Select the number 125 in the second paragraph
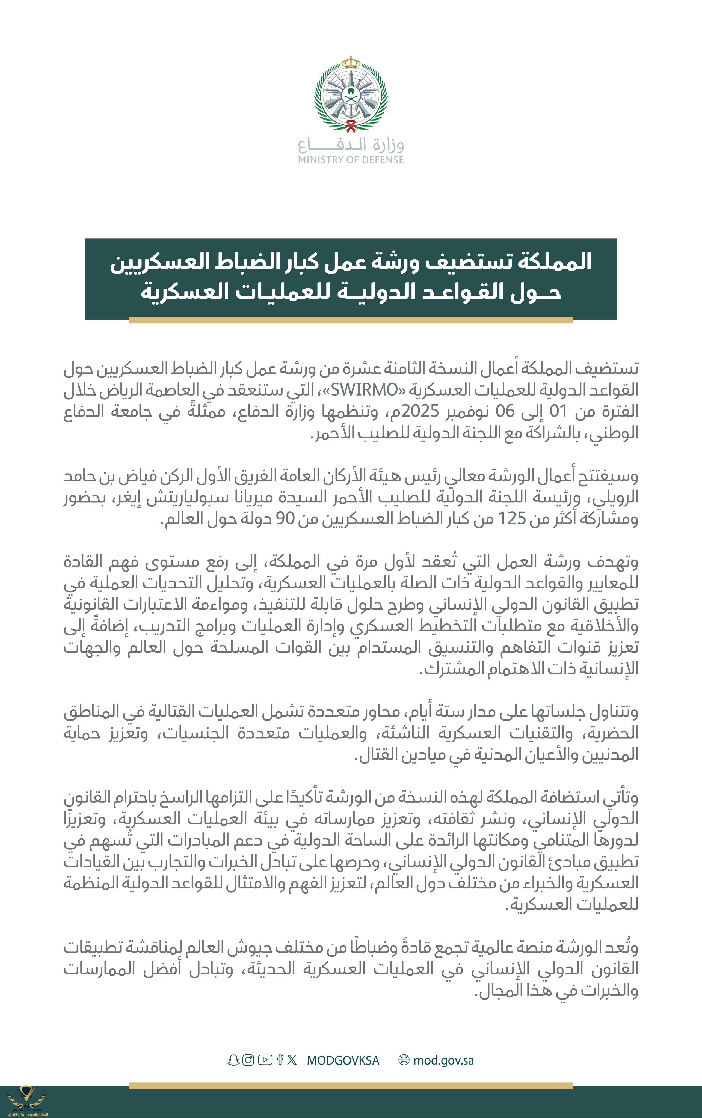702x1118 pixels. coord(512,518)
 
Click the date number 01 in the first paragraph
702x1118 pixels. coord(559,411)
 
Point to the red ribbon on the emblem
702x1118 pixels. coord(351,125)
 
